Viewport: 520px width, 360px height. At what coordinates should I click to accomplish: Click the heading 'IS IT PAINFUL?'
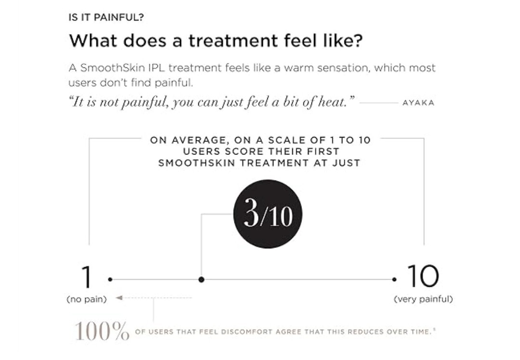(x=106, y=18)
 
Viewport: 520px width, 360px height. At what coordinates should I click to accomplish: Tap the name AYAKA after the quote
(x=418, y=103)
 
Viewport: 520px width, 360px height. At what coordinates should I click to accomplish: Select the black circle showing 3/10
(x=268, y=214)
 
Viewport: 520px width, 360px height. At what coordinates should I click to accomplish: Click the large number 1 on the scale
(x=86, y=277)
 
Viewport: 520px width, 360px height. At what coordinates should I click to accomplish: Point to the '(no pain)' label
(x=86, y=299)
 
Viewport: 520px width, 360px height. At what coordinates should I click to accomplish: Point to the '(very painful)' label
(x=423, y=299)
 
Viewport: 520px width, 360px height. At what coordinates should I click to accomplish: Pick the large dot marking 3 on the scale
(x=201, y=279)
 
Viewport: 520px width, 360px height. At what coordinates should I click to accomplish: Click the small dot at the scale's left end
(x=110, y=279)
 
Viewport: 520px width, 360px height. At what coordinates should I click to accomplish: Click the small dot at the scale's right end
(x=394, y=279)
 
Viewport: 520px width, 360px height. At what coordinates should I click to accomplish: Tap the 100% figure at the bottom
(x=102, y=331)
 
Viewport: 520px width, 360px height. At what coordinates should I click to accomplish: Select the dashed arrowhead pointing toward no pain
(x=119, y=298)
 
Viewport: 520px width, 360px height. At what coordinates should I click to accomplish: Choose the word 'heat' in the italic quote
(x=330, y=103)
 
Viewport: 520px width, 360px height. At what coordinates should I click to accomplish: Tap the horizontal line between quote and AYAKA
(x=378, y=103)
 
